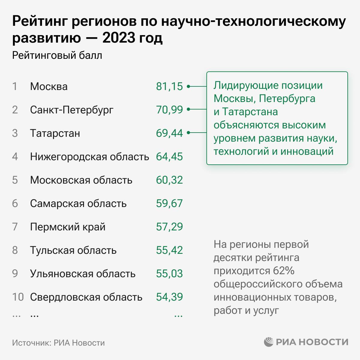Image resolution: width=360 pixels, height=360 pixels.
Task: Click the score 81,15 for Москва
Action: point(169,86)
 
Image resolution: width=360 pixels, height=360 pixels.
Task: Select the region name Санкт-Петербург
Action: point(72,110)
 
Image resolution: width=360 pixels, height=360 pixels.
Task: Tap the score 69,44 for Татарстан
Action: point(169,133)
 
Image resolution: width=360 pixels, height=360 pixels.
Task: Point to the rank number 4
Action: point(15,157)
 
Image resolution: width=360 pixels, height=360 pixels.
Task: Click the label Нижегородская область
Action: point(89,157)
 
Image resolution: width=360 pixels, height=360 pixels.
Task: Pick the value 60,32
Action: point(169,180)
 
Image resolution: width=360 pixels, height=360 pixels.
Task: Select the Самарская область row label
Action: point(78,203)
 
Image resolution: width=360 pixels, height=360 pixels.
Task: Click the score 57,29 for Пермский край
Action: point(169,227)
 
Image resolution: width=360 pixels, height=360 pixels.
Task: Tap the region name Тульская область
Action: point(73,250)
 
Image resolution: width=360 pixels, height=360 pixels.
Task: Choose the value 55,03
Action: point(169,274)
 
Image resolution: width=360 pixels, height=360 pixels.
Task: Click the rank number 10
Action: point(18,297)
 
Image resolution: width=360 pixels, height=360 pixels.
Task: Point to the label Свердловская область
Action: point(86,297)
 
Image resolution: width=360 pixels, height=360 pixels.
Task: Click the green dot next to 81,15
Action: point(188,86)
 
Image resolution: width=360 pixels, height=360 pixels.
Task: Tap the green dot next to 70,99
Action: point(188,110)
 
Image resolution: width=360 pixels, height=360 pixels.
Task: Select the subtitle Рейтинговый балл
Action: point(57,55)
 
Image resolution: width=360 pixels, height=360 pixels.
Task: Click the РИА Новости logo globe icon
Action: point(269,342)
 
